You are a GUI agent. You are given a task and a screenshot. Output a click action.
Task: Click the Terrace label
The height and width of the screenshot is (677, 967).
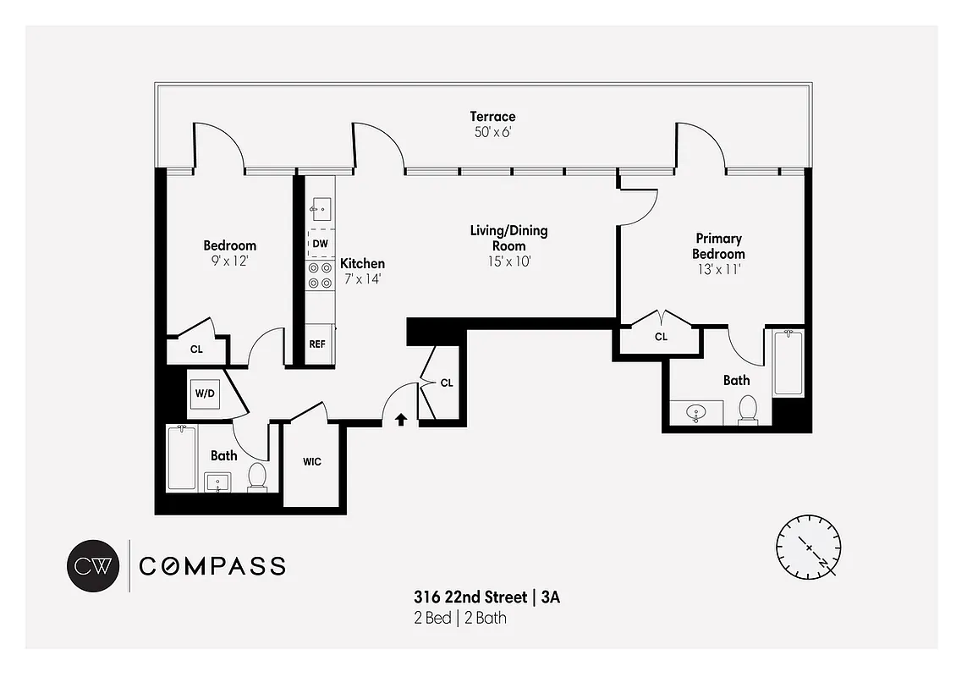pyautogui.click(x=492, y=117)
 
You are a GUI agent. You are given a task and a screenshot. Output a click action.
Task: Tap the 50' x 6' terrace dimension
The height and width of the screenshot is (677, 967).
pyautogui.click(x=492, y=133)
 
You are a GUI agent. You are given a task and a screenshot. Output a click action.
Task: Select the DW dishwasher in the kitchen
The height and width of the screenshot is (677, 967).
pyautogui.click(x=320, y=244)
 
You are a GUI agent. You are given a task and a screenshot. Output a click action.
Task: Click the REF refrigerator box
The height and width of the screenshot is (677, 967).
pyautogui.click(x=317, y=344)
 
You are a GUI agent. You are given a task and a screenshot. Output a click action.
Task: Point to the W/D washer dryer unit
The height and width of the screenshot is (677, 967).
pyautogui.click(x=205, y=393)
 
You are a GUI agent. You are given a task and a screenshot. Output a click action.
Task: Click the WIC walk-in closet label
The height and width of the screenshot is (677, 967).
pyautogui.click(x=311, y=462)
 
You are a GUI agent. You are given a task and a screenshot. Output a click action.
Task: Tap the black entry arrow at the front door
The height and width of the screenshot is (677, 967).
pyautogui.click(x=401, y=418)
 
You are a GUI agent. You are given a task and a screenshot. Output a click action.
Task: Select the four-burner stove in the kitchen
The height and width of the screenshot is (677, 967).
pyautogui.click(x=320, y=276)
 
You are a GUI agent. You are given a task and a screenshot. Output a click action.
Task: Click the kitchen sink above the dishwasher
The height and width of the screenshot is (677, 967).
pyautogui.click(x=321, y=207)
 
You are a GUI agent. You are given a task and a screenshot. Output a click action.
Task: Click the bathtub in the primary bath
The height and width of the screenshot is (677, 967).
pyautogui.click(x=787, y=363)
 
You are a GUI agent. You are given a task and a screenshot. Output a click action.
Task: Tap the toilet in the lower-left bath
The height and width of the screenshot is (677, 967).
pyautogui.click(x=257, y=477)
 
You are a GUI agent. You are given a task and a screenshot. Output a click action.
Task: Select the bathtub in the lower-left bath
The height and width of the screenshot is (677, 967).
pyautogui.click(x=182, y=458)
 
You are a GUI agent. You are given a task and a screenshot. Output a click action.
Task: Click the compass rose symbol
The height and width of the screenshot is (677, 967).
pyautogui.click(x=809, y=546)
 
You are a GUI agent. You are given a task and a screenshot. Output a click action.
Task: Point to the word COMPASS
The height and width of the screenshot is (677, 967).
pyautogui.click(x=212, y=566)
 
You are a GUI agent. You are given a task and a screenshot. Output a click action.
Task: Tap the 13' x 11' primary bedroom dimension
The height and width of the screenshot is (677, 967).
pyautogui.click(x=718, y=270)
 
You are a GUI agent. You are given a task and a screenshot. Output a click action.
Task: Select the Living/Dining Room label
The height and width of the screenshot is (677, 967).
pyautogui.click(x=508, y=238)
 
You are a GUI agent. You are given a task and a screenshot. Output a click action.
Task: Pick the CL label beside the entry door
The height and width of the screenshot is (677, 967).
pyautogui.click(x=447, y=383)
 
